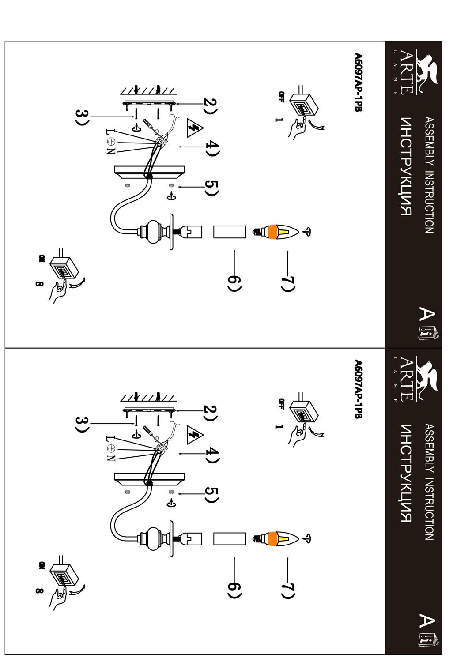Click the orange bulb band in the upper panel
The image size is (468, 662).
272,232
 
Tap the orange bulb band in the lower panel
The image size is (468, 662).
272,539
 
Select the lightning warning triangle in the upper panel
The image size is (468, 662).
195,128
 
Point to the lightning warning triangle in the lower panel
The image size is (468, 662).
195,435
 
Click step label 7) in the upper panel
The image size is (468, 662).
288,284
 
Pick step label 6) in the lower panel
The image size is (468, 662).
234,591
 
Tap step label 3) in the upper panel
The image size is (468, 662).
82,117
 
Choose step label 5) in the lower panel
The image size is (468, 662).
211,495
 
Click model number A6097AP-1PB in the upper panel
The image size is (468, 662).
358,82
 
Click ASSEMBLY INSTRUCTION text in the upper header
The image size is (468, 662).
429,175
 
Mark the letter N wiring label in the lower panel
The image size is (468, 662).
110,458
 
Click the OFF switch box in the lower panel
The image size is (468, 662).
304,412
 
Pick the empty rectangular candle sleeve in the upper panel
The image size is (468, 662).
230,232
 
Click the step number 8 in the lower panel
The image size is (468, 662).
39,591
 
